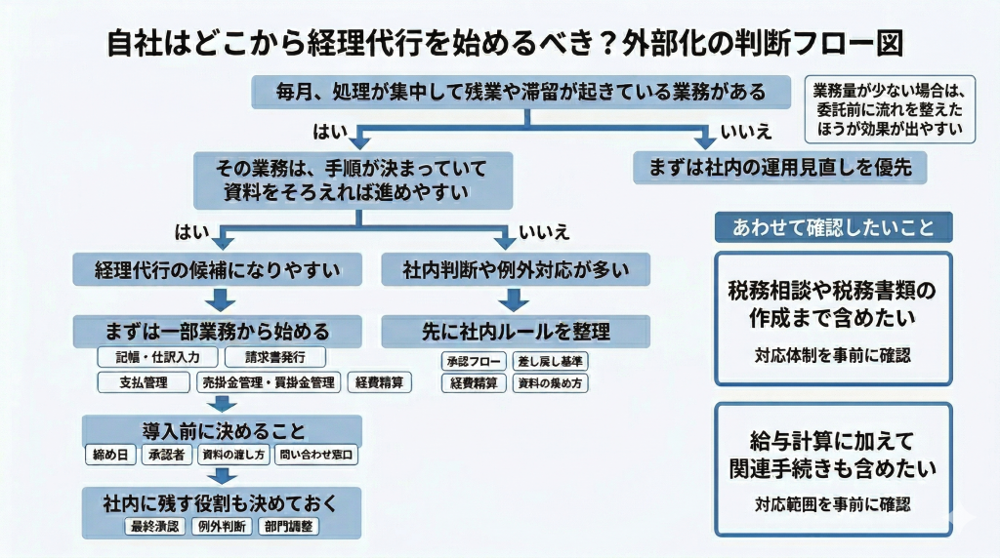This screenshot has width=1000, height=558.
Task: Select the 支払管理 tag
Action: pos(145,382)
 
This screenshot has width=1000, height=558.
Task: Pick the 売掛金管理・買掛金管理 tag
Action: pos(269,382)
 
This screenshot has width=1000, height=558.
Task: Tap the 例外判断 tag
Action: pos(220,527)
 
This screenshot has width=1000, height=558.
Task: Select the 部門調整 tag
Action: pos(288,527)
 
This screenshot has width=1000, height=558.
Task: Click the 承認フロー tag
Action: pos(474,360)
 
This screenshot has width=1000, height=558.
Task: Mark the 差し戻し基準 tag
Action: pos(551,360)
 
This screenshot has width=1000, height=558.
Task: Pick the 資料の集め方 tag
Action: pos(551,383)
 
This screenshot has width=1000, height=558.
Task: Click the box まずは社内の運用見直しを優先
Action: pos(779,167)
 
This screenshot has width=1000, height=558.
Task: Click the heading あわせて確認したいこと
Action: pos(834,227)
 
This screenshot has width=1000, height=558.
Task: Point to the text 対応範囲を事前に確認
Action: pos(833,505)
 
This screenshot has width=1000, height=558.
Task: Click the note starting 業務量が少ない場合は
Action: pos(888,109)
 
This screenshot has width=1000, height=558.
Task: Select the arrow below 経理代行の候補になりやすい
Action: pos(219,298)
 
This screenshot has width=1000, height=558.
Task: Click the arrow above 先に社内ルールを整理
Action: pos(515,298)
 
